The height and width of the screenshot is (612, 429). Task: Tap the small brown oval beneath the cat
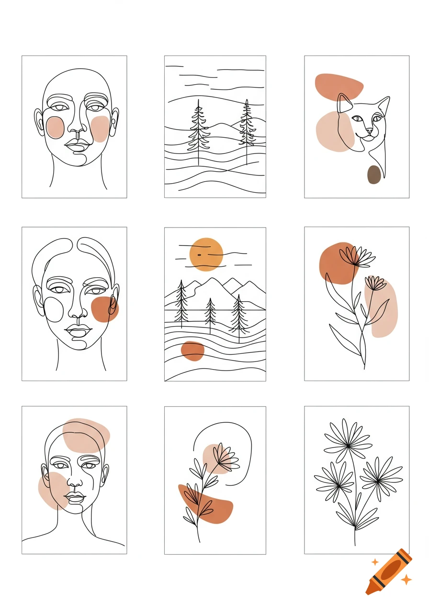[x=374, y=175]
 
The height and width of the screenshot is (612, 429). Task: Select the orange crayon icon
[x=389, y=572]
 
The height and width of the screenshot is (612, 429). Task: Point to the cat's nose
[x=369, y=130]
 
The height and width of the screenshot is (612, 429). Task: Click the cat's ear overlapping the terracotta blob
[x=344, y=102]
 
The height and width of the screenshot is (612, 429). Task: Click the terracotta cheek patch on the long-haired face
[x=104, y=309]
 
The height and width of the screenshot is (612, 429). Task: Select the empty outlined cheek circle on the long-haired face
[x=54, y=309]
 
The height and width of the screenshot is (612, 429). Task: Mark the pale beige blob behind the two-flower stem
[x=382, y=309]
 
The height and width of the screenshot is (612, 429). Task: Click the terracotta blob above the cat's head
[x=339, y=86]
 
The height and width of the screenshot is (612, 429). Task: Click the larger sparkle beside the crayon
[x=406, y=580]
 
